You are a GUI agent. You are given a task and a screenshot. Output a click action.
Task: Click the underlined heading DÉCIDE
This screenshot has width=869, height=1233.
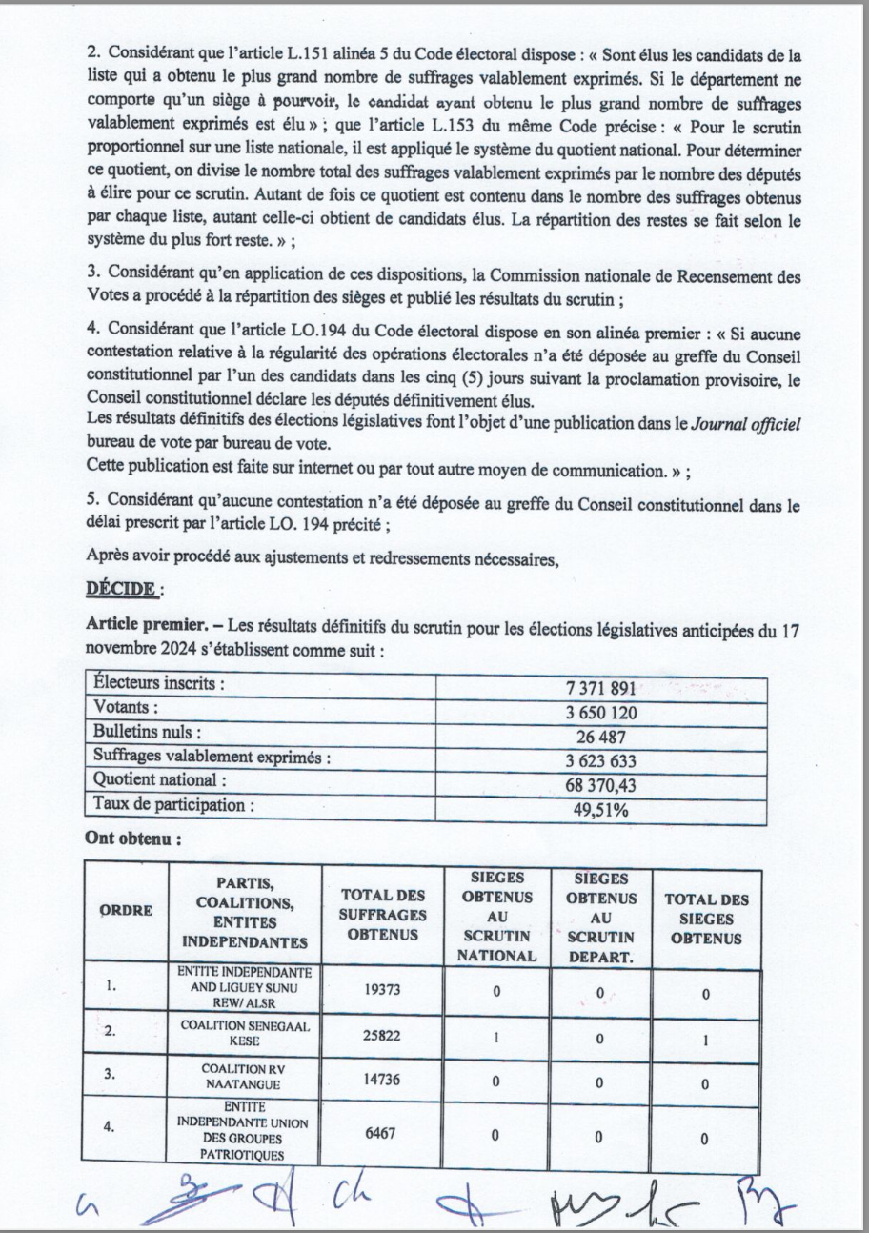tap(120, 589)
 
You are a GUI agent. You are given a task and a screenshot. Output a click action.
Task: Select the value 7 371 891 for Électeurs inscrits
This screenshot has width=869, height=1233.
tap(600, 689)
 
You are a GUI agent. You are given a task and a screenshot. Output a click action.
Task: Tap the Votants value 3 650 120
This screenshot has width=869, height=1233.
tap(600, 712)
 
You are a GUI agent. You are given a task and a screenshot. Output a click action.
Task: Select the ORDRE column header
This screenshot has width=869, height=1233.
tap(127, 911)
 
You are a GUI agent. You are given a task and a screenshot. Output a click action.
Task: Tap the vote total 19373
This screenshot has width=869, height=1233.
tap(382, 990)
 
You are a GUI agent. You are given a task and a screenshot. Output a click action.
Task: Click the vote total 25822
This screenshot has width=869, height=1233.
tap(382, 1035)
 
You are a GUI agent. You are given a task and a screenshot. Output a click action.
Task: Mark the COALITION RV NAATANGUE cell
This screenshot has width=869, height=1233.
tap(245, 1078)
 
